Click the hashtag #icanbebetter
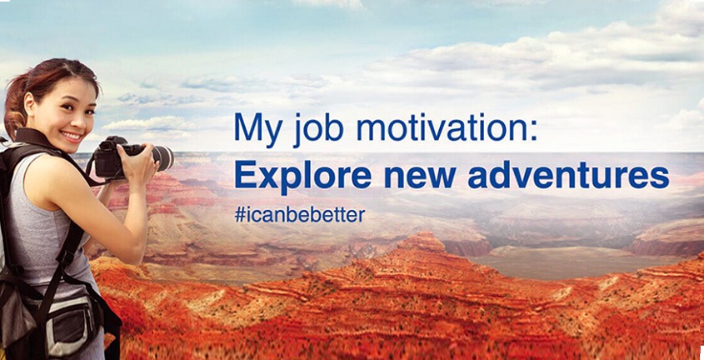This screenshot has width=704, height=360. pos(299,215)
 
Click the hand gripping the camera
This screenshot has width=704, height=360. pos(140,162)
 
